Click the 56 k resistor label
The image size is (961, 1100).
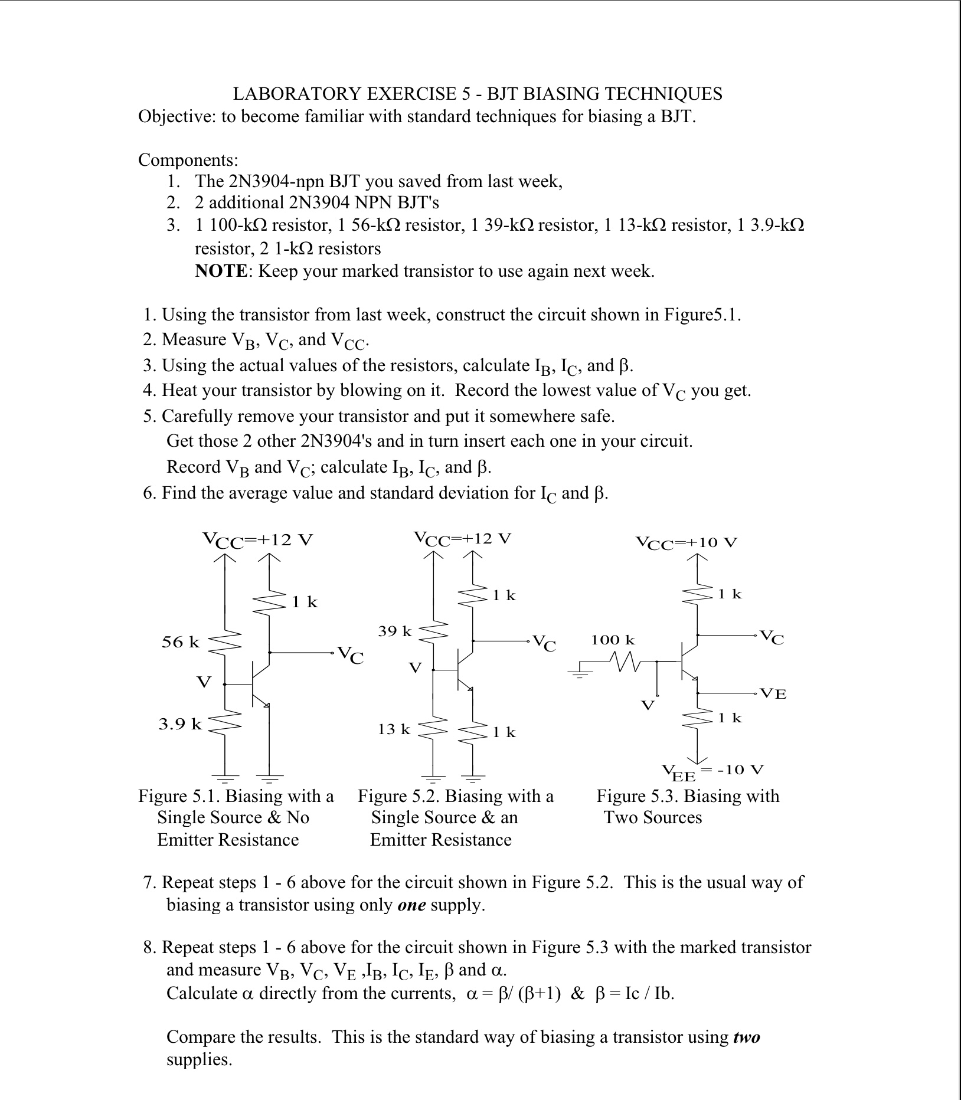(181, 642)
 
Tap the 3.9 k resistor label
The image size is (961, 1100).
(180, 723)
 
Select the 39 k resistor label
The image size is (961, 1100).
(395, 631)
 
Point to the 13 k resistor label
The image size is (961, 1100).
(394, 729)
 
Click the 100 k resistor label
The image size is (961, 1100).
(613, 640)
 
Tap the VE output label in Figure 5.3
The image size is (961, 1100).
(773, 693)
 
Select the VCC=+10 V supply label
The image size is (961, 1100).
(687, 542)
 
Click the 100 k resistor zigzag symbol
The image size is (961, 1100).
(626, 662)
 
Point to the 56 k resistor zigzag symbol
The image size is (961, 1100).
(225, 641)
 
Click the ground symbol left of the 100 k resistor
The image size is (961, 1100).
(580, 673)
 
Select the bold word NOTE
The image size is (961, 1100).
(221, 271)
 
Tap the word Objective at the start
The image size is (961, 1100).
(176, 116)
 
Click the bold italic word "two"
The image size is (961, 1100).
(746, 1037)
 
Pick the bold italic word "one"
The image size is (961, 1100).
(411, 905)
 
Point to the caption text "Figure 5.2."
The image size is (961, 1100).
(398, 796)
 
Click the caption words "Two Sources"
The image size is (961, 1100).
(653, 817)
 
